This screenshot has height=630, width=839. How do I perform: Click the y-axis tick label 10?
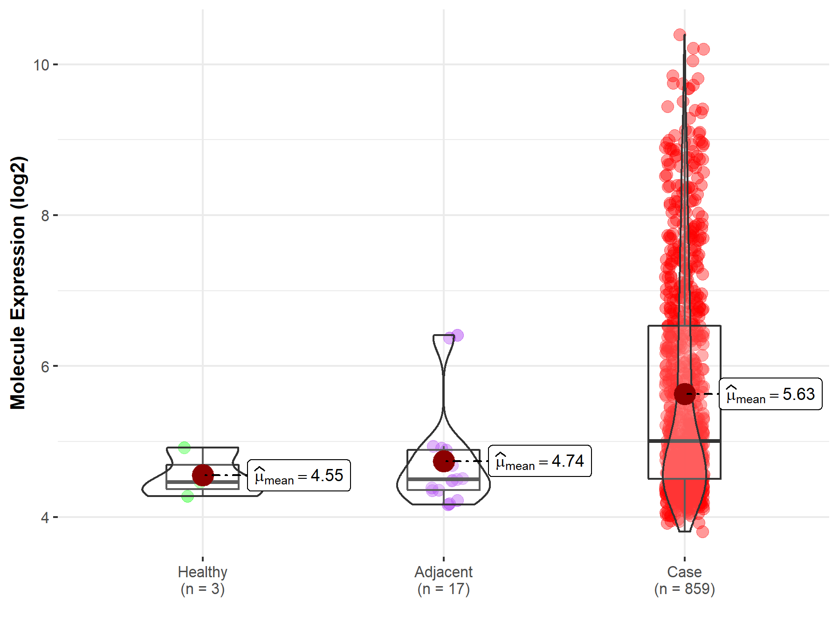click(x=41, y=65)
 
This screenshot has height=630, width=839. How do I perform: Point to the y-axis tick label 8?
click(x=45, y=216)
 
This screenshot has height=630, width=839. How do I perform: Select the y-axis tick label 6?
click(x=45, y=367)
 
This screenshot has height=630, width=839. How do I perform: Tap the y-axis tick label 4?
click(x=45, y=518)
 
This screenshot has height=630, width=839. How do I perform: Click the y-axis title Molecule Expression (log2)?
click(x=18, y=283)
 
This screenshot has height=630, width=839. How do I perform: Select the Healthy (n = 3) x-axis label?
click(x=203, y=580)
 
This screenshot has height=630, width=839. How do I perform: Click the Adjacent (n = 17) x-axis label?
click(x=443, y=580)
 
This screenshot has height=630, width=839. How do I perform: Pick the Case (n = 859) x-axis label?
click(x=684, y=580)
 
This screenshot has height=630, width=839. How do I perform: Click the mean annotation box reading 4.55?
click(x=299, y=476)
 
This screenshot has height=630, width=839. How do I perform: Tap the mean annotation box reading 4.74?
click(x=540, y=461)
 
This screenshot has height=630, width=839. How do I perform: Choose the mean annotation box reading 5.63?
click(x=770, y=394)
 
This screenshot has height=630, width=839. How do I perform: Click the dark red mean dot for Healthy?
click(x=203, y=475)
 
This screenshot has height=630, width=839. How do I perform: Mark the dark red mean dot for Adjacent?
click(x=444, y=461)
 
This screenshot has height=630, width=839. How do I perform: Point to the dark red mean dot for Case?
click(x=685, y=394)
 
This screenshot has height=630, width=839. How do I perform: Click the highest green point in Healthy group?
click(x=185, y=448)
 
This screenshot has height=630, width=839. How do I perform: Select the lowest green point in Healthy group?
click(x=187, y=496)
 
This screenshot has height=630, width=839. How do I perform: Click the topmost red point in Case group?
click(x=680, y=35)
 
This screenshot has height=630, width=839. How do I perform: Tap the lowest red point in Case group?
click(x=702, y=532)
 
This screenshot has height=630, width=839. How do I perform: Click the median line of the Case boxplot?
click(x=684, y=441)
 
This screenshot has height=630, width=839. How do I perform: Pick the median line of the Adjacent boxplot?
click(x=443, y=479)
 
